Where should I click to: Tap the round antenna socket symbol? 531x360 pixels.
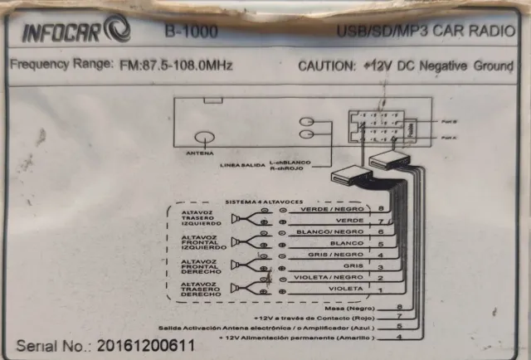pos(203,139)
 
